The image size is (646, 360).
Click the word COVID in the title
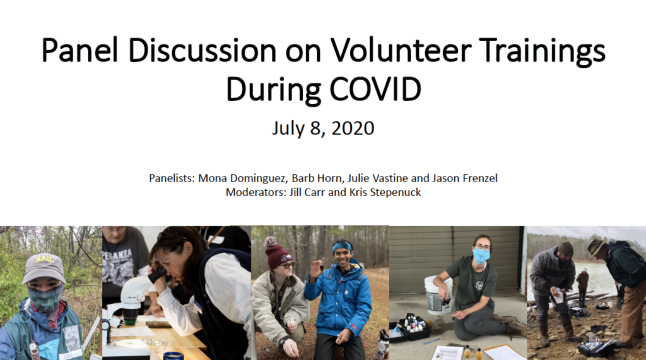[375, 89]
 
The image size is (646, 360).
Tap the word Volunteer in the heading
[400, 50]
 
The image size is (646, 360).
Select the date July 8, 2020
[323, 128]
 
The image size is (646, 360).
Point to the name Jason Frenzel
[465, 178]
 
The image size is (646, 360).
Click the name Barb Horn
[317, 178]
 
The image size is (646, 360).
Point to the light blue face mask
[481, 256]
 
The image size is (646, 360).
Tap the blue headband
[343, 247]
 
